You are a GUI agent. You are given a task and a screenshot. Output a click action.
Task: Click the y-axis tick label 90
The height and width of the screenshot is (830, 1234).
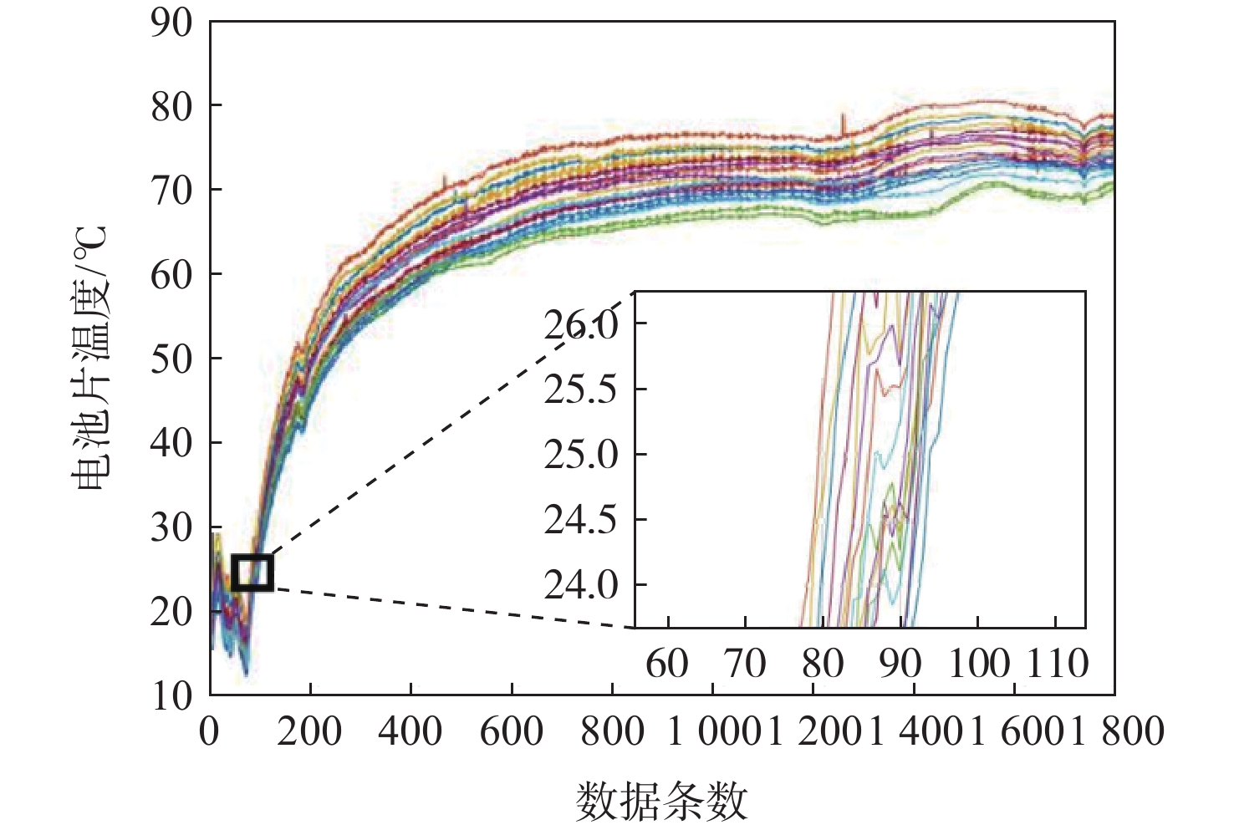pyautogui.click(x=171, y=23)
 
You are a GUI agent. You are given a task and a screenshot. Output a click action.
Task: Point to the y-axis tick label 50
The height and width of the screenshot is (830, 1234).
pyautogui.click(x=171, y=359)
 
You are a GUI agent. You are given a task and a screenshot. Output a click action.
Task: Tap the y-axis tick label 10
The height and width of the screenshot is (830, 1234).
pyautogui.click(x=171, y=695)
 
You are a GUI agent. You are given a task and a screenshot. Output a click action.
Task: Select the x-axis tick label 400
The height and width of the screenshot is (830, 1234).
pyautogui.click(x=410, y=732)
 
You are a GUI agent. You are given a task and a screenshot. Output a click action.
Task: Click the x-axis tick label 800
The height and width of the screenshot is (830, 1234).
pyautogui.click(x=612, y=732)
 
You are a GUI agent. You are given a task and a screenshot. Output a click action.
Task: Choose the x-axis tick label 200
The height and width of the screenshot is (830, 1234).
pyautogui.click(x=310, y=732)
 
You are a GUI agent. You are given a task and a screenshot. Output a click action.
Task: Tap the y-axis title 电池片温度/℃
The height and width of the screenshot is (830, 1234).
pyautogui.click(x=89, y=358)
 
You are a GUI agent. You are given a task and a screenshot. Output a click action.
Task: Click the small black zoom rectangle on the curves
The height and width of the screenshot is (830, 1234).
pyautogui.click(x=252, y=573)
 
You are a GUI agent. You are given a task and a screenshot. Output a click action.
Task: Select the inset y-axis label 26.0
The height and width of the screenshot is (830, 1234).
pyautogui.click(x=581, y=324)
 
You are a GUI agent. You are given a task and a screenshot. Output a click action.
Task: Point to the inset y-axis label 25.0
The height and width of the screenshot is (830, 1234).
pyautogui.click(x=581, y=455)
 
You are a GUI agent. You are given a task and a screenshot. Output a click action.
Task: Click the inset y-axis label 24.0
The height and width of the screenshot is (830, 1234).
pyautogui.click(x=581, y=585)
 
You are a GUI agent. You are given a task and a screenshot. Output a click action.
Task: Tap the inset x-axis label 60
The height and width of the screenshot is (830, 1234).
pyautogui.click(x=667, y=664)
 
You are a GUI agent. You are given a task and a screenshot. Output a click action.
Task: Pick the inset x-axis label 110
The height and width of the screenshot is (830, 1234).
pyautogui.click(x=1058, y=664)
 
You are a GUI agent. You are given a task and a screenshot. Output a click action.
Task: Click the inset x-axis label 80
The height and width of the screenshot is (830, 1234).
pyautogui.click(x=824, y=664)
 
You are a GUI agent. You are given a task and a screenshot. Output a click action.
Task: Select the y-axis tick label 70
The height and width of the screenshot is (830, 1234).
pyautogui.click(x=171, y=191)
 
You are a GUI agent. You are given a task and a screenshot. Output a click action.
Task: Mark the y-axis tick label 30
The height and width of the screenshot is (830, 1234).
pyautogui.click(x=171, y=527)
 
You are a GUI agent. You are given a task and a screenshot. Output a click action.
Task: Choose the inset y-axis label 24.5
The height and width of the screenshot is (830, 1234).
pyautogui.click(x=581, y=520)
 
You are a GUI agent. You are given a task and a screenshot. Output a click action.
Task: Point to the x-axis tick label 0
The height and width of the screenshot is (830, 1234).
pyautogui.click(x=209, y=732)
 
